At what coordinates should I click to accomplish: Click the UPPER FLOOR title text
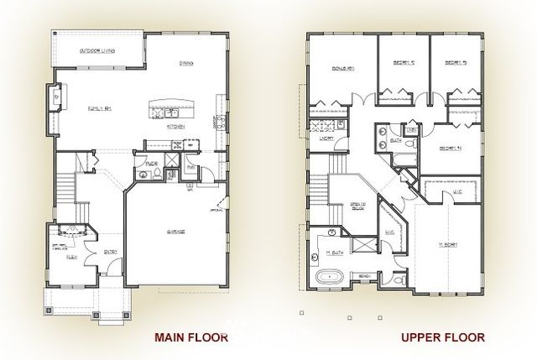442,337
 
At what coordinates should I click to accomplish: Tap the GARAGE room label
175,231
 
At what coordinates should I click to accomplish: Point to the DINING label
186,64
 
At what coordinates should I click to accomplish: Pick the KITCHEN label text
175,126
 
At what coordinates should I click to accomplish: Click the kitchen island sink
170,112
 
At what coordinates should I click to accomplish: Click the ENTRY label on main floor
111,250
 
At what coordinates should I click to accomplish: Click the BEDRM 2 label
404,62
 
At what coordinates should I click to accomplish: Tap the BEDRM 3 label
456,62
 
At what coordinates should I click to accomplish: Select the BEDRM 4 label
451,149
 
